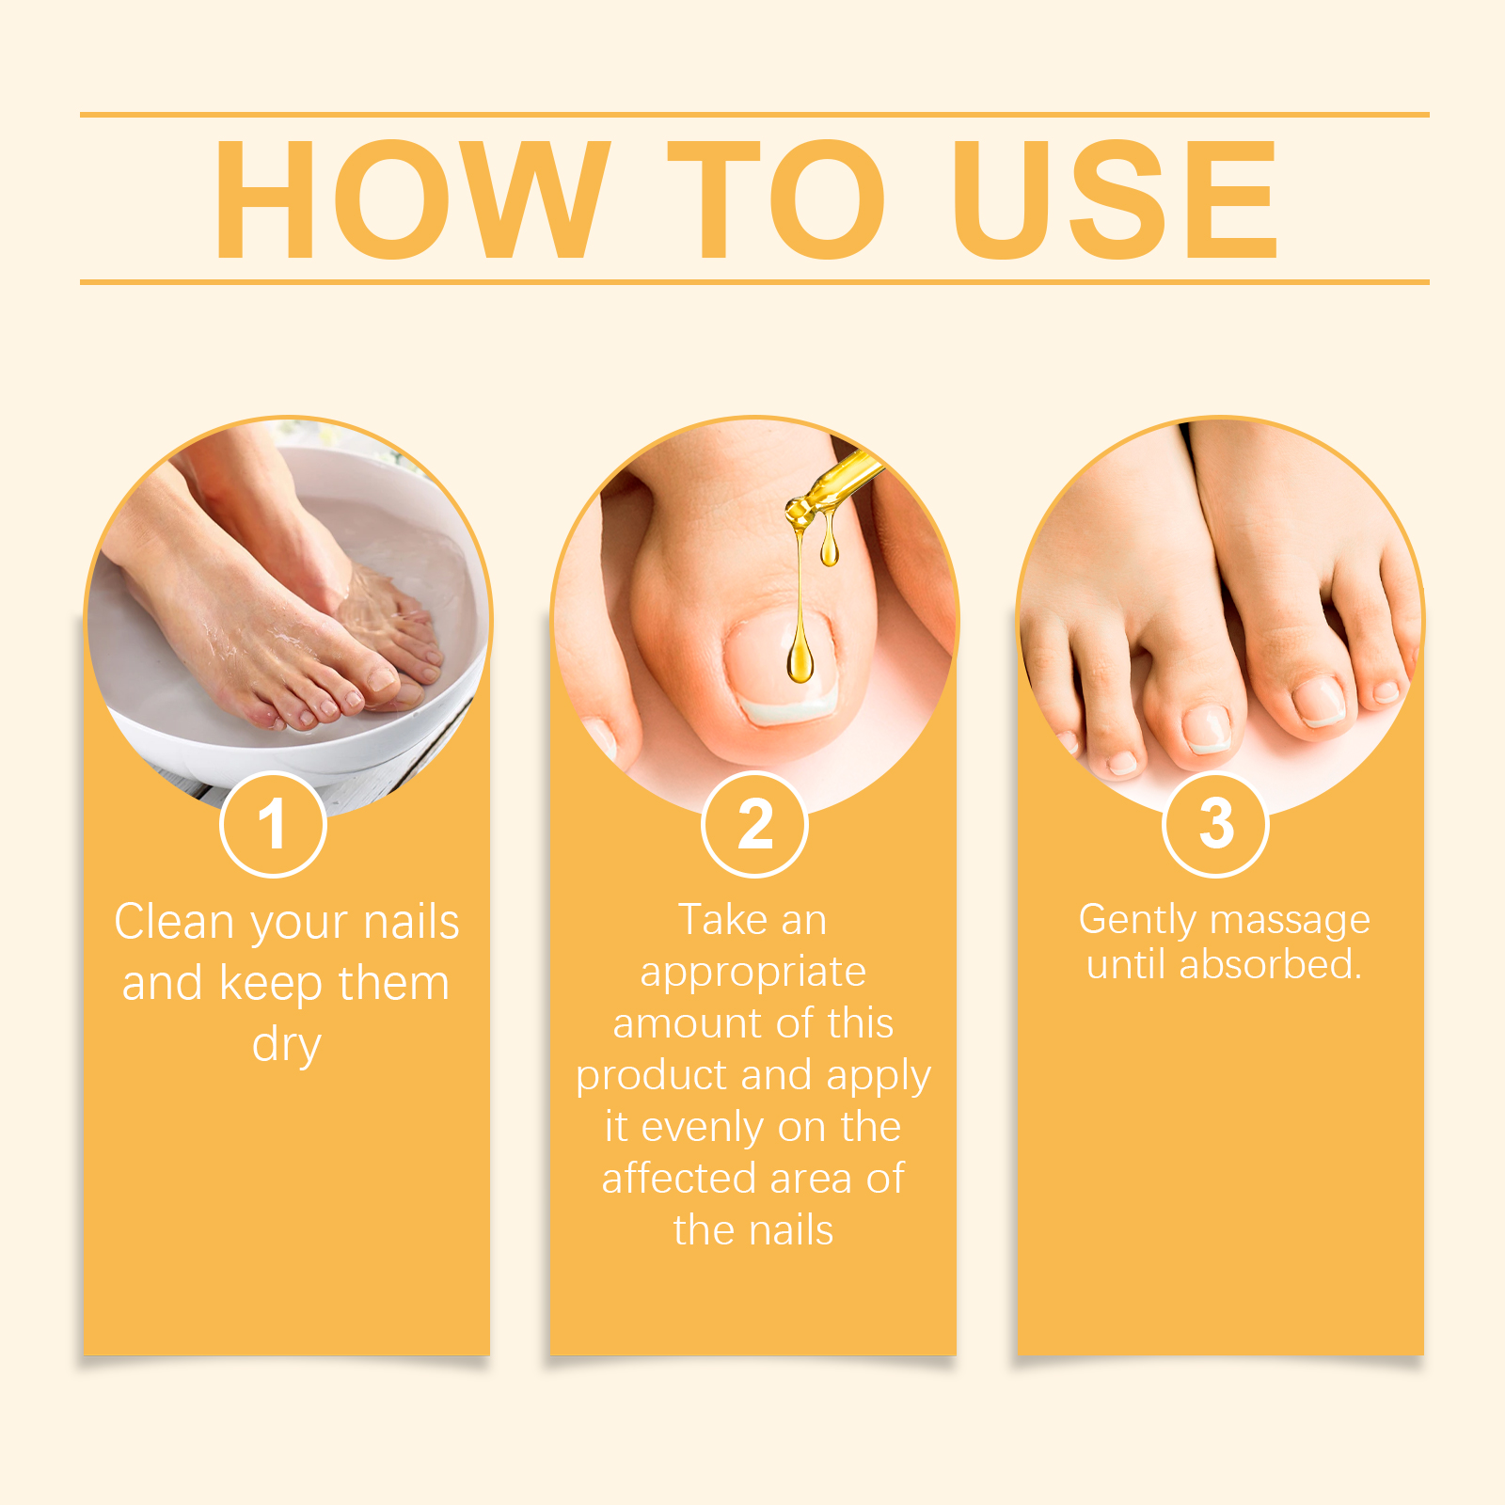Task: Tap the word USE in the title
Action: pyautogui.click(x=1115, y=199)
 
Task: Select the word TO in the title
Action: pyautogui.click(x=777, y=199)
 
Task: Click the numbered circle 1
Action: pyautogui.click(x=273, y=824)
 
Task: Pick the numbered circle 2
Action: pyautogui.click(x=754, y=824)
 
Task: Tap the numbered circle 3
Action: pyautogui.click(x=1216, y=824)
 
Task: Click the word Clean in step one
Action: pyautogui.click(x=174, y=922)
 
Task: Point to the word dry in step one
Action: pyautogui.click(x=287, y=1046)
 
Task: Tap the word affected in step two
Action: pyautogui.click(x=679, y=1178)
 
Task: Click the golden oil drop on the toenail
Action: pyautogui.click(x=800, y=656)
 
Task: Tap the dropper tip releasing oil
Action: pyautogui.click(x=800, y=514)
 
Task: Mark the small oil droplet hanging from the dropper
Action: pyautogui.click(x=829, y=548)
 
